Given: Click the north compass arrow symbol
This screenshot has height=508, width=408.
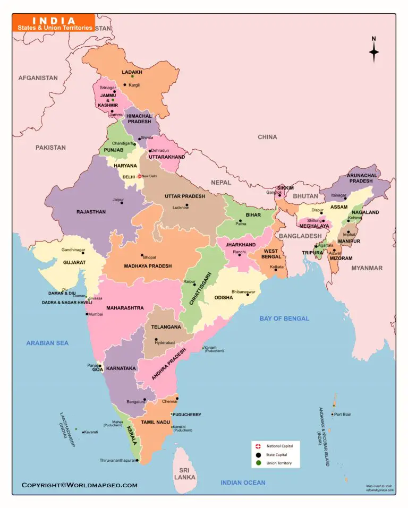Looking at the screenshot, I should coord(374,51).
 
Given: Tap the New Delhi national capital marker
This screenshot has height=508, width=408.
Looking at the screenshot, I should coord(140,176).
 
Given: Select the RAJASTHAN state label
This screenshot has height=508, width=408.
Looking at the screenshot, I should coord(91,212).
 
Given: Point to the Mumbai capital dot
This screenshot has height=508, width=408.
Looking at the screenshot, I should coord(87,314).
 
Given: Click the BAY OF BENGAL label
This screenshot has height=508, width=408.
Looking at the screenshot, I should coord(284,318).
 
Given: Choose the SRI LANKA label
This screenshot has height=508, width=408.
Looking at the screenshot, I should coord(184,474).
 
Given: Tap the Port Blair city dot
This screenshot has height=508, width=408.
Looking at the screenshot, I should coord(333,415).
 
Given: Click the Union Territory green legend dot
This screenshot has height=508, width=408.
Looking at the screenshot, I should coord(258,463).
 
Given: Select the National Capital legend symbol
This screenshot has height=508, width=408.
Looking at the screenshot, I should coord(258,446).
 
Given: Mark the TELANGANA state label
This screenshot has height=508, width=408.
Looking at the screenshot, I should coord(166,327).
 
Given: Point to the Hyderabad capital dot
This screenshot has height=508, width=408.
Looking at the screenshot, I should coord(156,339).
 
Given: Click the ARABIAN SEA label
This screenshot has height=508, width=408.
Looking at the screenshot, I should coord(47,343).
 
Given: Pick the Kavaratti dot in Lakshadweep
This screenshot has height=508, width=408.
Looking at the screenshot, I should coord(83,432).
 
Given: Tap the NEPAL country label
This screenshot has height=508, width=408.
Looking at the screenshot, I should coord(221,182).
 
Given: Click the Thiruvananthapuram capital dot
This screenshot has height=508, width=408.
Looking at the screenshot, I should coord(137,460).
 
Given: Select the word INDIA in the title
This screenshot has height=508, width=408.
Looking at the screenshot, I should coord(54,20).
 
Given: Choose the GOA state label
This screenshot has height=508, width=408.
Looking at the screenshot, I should coord(98,369).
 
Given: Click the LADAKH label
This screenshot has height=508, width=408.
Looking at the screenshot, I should coord(132,72).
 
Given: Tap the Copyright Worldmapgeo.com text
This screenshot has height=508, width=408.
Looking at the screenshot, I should coord(79,485).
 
